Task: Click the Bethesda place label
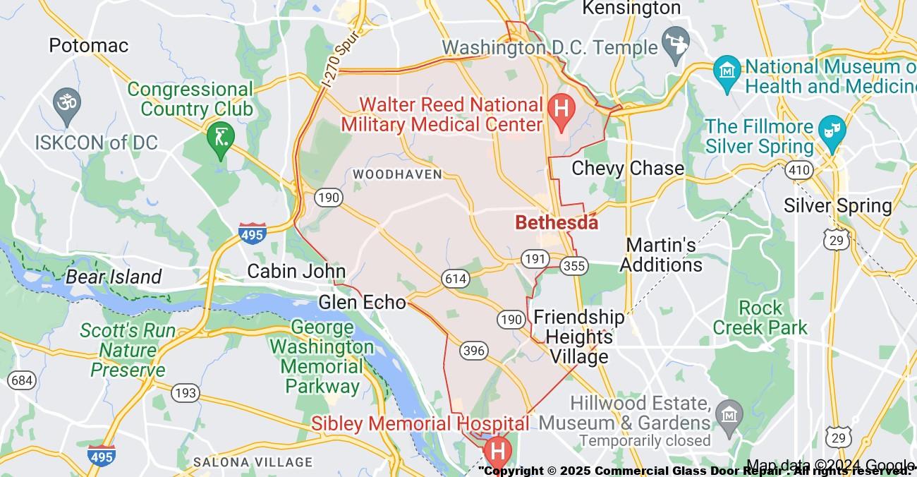pyautogui.click(x=557, y=222)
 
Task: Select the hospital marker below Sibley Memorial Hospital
pyautogui.click(x=497, y=450)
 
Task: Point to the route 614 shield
pyautogui.click(x=456, y=279)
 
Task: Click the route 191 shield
pyautogui.click(x=535, y=258)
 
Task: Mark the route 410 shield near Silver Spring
pyautogui.click(x=801, y=170)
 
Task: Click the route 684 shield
pyautogui.click(x=21, y=380)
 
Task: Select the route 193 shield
pyautogui.click(x=186, y=393)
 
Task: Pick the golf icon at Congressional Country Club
pyautogui.click(x=221, y=135)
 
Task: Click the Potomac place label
pyautogui.click(x=89, y=46)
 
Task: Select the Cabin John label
pyautogui.click(x=296, y=271)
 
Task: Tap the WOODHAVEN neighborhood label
pyautogui.click(x=398, y=174)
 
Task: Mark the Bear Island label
pyautogui.click(x=114, y=277)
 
